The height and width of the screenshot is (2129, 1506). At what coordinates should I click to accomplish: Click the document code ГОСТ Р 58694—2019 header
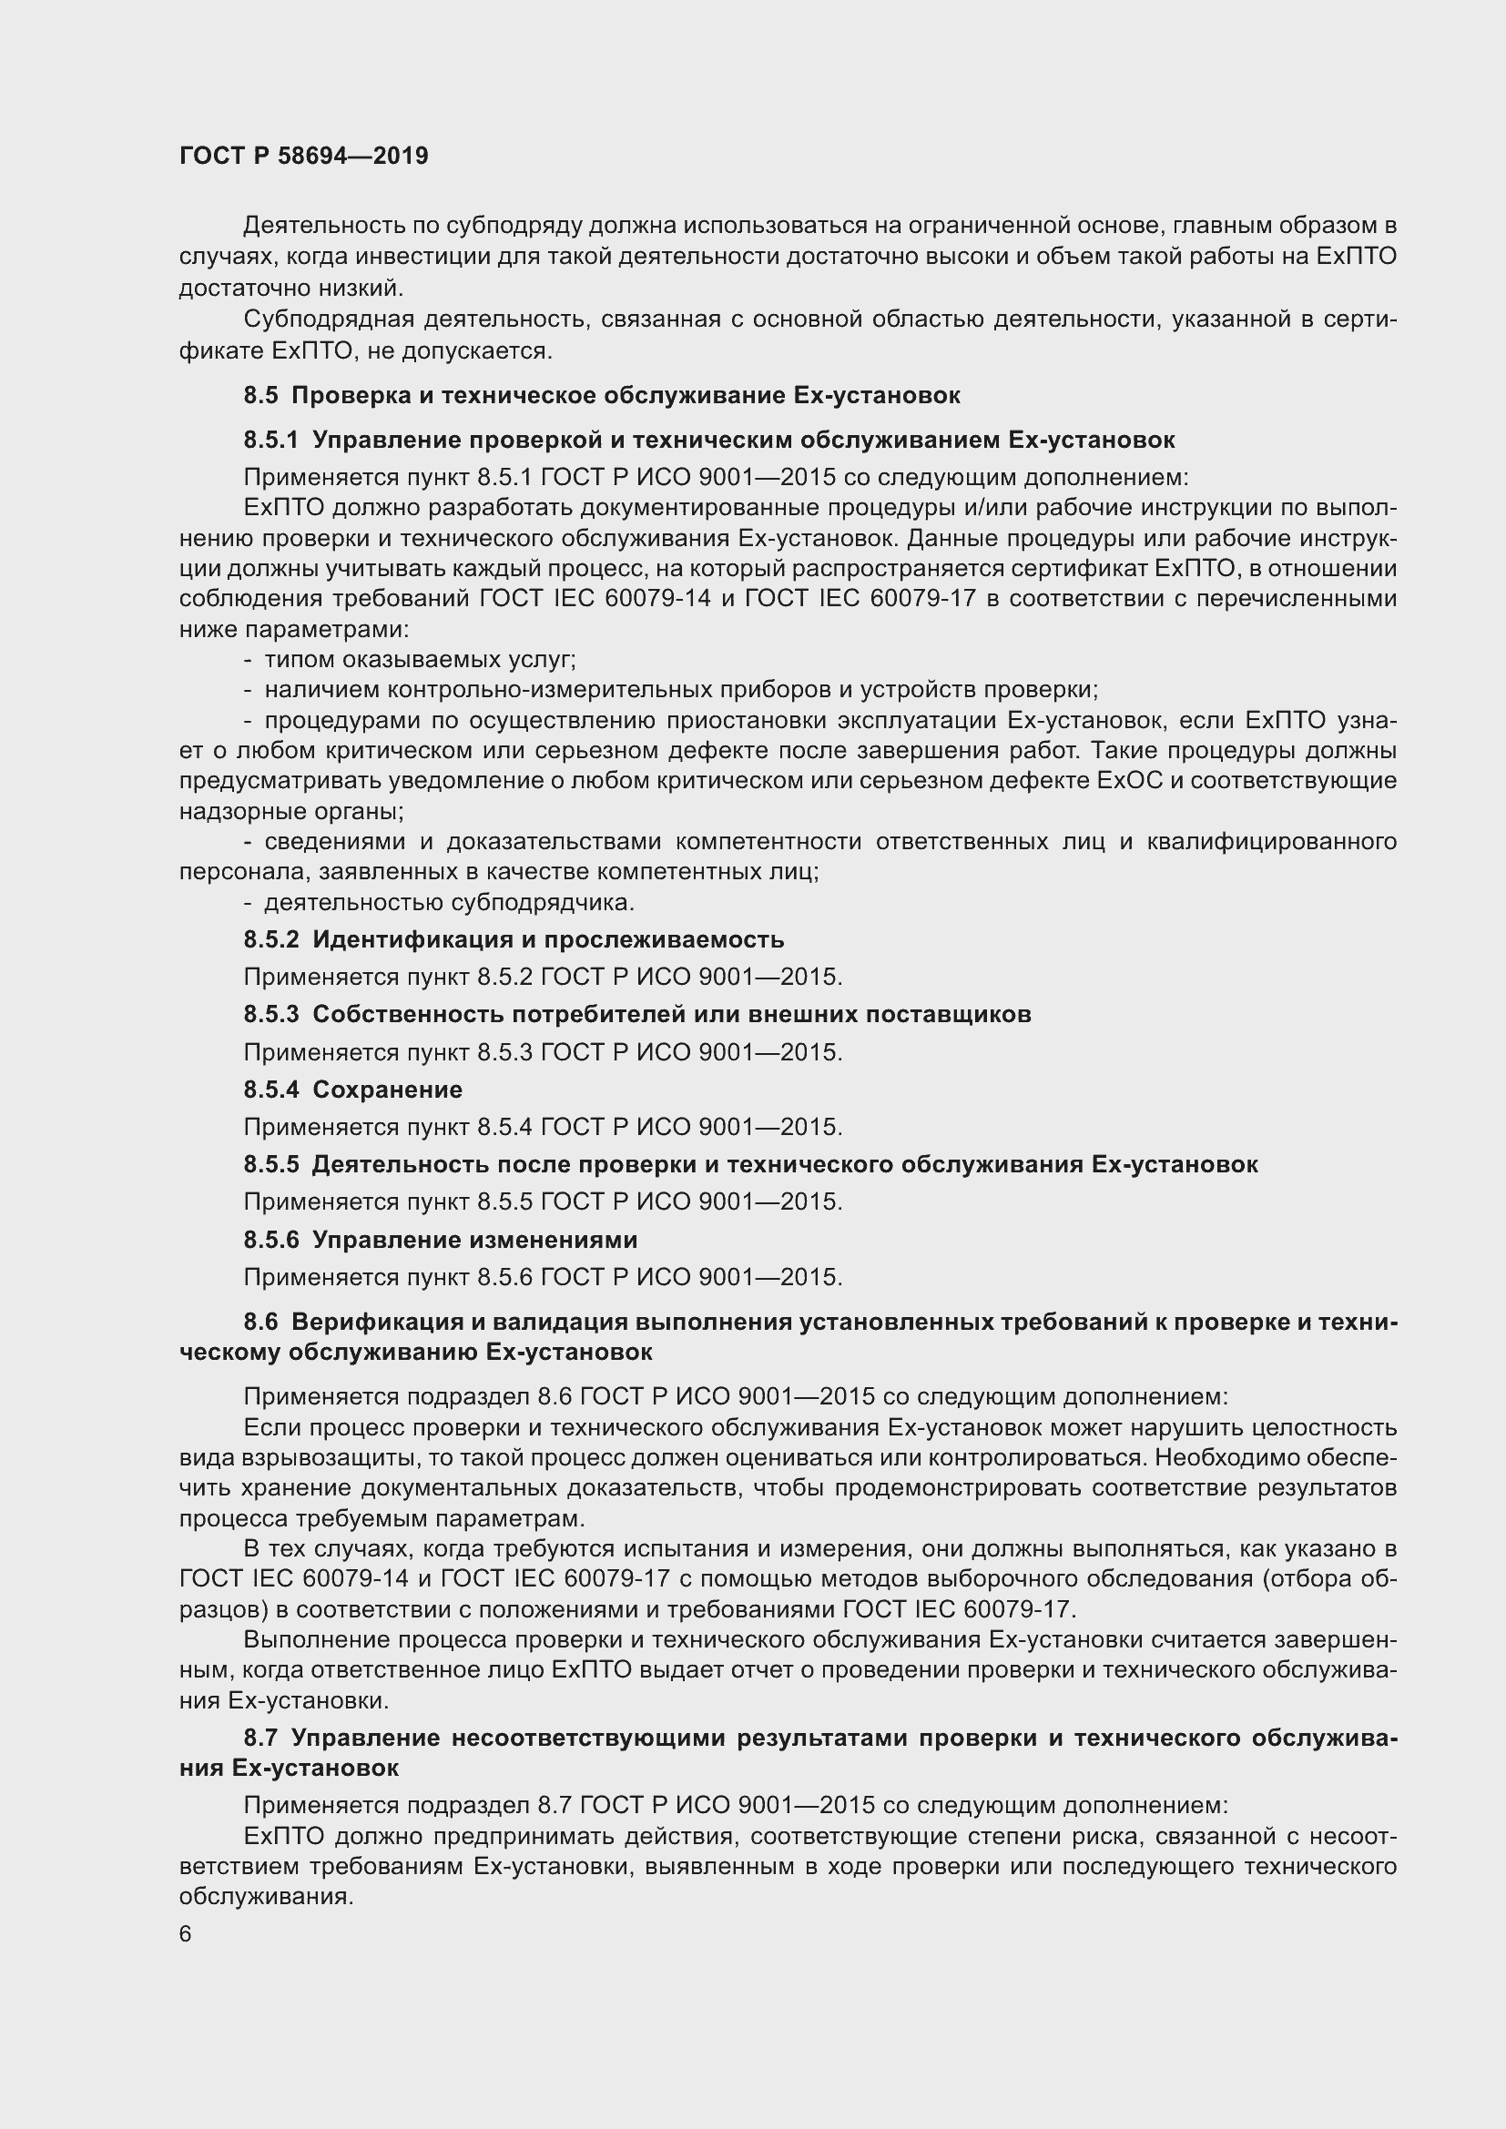[303, 156]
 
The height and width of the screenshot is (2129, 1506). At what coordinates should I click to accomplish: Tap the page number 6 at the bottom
[186, 1933]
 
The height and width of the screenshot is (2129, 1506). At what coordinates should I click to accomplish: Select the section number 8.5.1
[270, 440]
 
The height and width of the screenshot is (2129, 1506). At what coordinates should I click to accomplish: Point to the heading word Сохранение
[387, 1090]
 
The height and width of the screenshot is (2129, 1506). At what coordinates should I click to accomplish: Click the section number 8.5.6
[270, 1240]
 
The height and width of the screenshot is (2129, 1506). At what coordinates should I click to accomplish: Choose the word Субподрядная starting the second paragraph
[327, 319]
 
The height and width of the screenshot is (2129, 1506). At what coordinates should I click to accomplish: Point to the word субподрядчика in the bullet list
[543, 902]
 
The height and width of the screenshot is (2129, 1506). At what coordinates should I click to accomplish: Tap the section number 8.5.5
[270, 1165]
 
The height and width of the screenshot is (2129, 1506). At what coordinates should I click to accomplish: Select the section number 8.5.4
[270, 1090]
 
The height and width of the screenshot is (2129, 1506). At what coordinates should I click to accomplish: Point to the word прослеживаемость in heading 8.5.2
[663, 939]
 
